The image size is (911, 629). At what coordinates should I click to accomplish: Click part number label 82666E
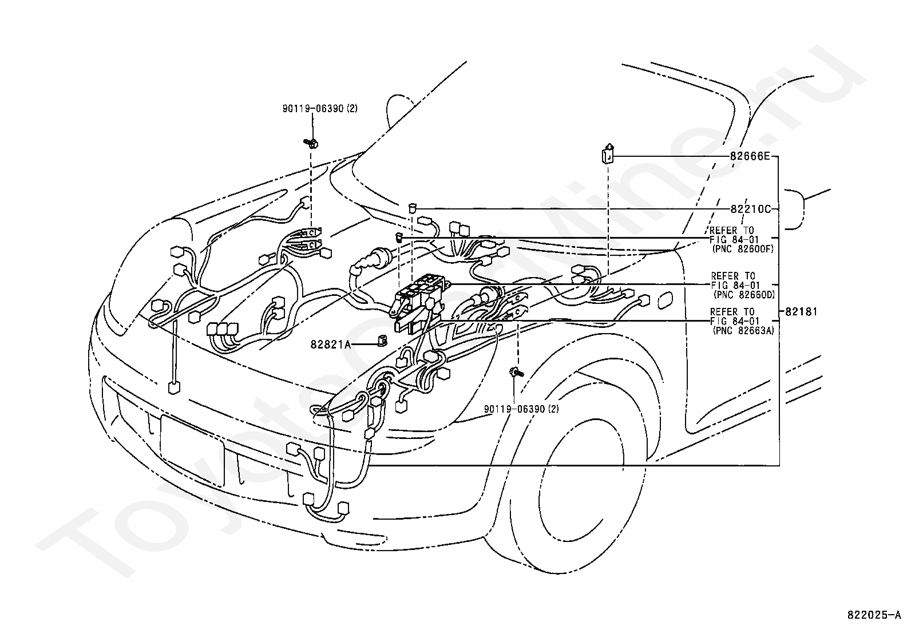coord(750,156)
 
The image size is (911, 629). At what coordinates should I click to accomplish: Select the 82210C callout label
coord(751,209)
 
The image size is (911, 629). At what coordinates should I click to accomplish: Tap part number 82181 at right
coord(801,312)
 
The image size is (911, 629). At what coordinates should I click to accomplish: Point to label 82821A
coord(331,345)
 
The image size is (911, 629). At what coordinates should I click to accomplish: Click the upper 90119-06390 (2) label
coord(320,109)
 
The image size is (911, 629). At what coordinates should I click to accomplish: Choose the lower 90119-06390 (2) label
coord(521,409)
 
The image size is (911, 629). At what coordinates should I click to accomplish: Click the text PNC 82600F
coord(743,249)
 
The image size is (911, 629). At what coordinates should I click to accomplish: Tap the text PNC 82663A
coord(743,330)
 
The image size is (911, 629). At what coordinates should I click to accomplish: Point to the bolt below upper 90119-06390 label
coord(311,143)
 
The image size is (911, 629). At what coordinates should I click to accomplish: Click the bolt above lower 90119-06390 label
coord(517,372)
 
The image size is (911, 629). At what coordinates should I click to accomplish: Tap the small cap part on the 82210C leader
coord(413,209)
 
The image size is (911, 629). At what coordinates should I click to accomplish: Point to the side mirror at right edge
coord(795,209)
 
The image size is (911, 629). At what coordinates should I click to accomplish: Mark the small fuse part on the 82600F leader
coord(399,237)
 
